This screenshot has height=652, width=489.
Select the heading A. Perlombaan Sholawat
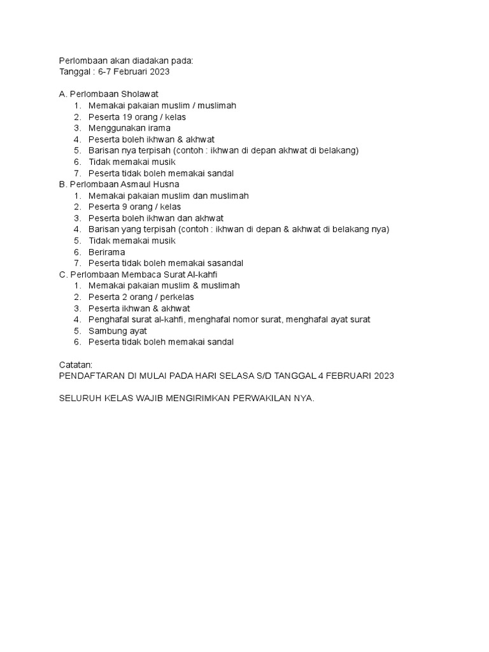click(x=108, y=94)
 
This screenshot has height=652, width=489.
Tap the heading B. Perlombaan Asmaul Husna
click(x=119, y=184)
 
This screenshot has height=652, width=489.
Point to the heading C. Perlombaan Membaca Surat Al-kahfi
click(x=138, y=274)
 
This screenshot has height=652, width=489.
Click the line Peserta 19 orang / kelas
click(x=137, y=117)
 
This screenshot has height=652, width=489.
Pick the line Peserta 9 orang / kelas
click(x=134, y=207)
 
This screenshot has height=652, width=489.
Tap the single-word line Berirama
click(x=107, y=252)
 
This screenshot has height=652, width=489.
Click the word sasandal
click(x=223, y=263)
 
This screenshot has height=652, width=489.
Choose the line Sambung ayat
click(x=118, y=330)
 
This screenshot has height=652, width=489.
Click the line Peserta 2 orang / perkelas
click(x=141, y=297)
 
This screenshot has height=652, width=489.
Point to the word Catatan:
click(x=75, y=365)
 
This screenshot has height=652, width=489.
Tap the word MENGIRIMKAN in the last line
click(x=191, y=399)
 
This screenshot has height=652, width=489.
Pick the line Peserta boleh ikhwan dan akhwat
click(x=151, y=218)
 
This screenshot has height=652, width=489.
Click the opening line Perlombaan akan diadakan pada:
click(x=125, y=60)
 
